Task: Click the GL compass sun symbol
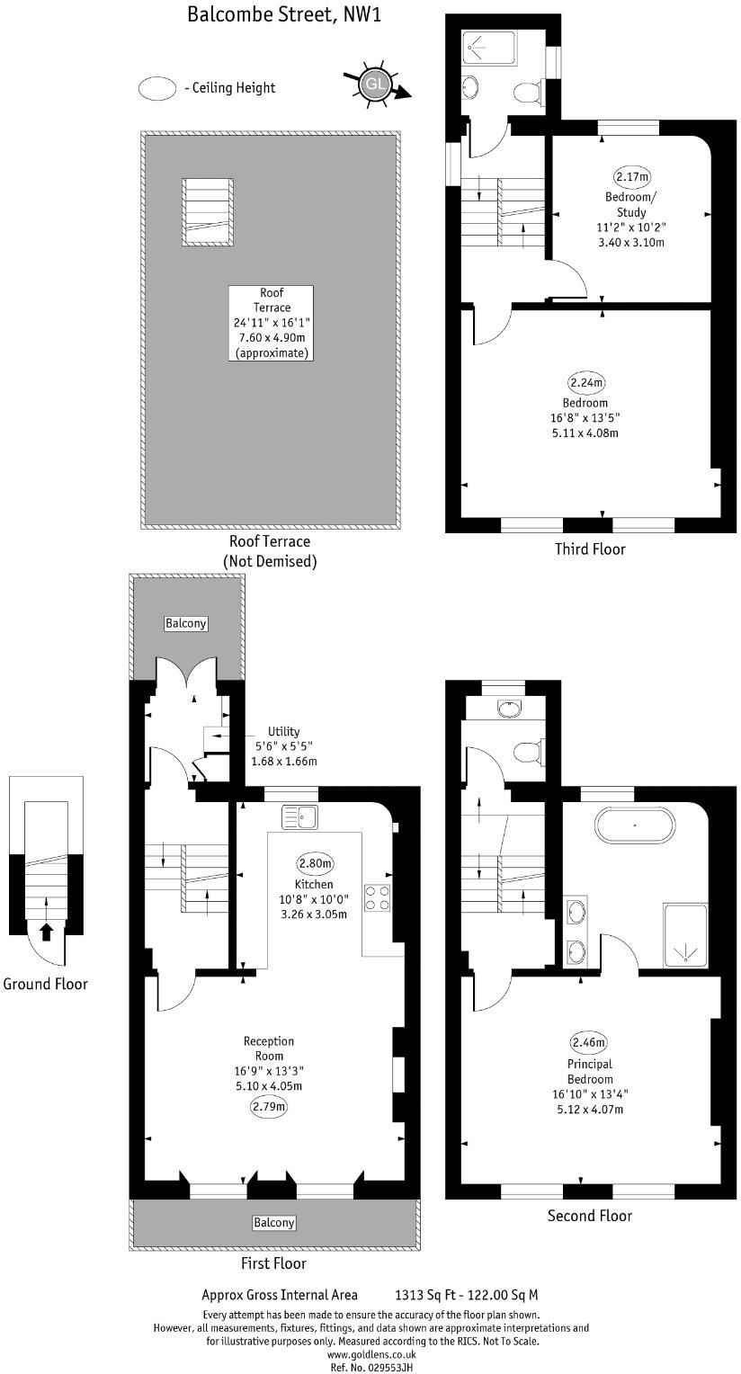point(372,84)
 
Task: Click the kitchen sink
point(299,816)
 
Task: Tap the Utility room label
point(283,732)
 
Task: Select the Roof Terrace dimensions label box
point(272,324)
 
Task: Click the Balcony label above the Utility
point(186,623)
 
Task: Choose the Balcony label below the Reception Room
point(273,1223)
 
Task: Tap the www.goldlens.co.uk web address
point(370,1353)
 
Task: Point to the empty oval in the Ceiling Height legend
point(156,88)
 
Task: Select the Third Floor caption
point(590,549)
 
